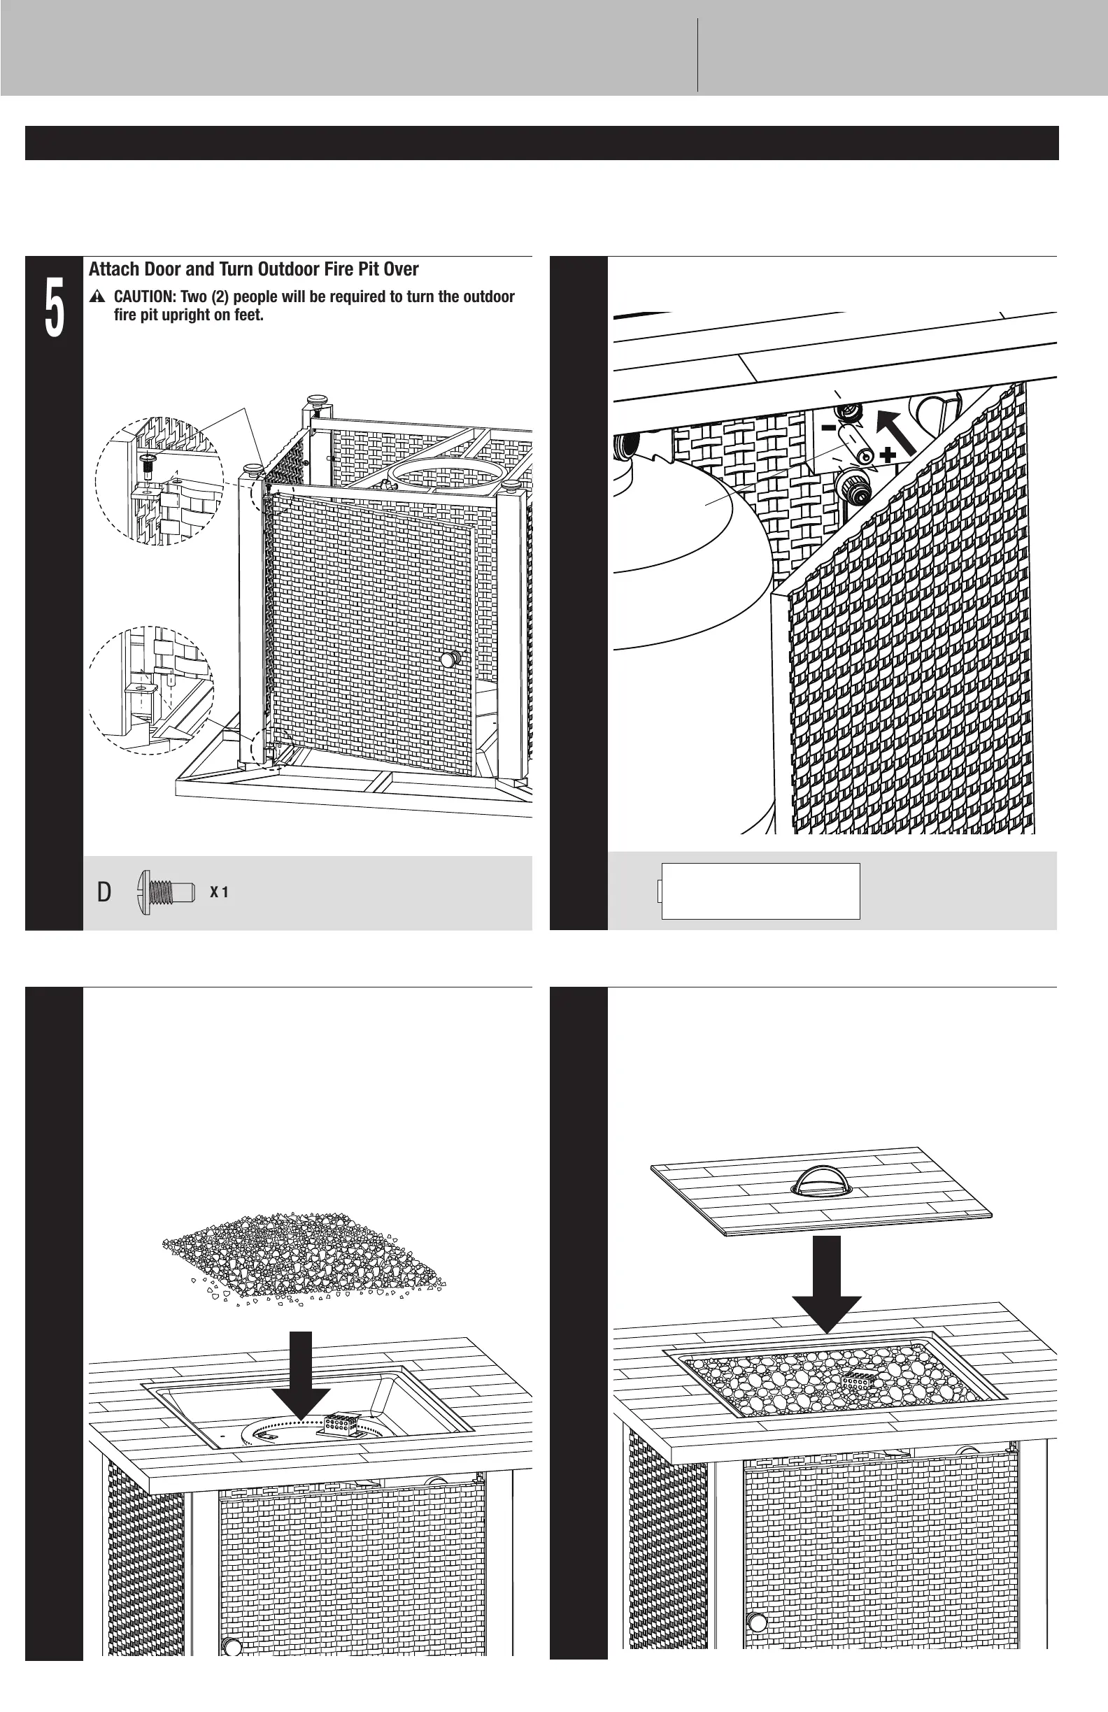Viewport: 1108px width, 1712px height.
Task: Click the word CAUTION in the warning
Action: [144, 297]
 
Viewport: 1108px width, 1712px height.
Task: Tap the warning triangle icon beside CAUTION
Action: [98, 297]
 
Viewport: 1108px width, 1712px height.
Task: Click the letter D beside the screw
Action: [104, 892]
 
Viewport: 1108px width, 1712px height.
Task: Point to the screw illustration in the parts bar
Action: [166, 892]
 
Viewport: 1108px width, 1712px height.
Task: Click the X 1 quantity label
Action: [219, 892]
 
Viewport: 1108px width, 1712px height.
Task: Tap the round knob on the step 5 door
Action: [450, 659]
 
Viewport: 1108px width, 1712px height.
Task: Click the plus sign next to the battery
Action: [888, 454]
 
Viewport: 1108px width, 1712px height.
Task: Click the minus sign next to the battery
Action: [829, 428]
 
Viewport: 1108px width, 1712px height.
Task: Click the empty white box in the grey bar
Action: [760, 891]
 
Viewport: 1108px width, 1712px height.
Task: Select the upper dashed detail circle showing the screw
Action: [159, 480]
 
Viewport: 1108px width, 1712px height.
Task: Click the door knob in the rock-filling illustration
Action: [232, 1647]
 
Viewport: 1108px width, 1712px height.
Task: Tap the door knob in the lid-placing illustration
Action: [757, 1622]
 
